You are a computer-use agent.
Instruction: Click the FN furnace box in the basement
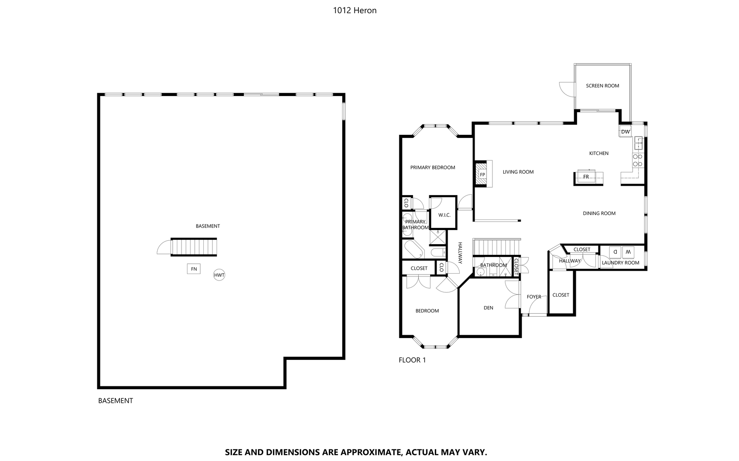(194, 269)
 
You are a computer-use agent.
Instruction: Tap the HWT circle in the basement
(219, 275)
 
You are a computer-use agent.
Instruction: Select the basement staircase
(194, 247)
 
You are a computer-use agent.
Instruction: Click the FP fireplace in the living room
(482, 174)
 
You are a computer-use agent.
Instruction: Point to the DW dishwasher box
(625, 131)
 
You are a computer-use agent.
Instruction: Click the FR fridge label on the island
(586, 177)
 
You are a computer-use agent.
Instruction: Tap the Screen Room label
(602, 86)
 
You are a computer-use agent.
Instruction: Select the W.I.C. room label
(444, 215)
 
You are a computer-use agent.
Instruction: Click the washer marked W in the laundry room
(628, 251)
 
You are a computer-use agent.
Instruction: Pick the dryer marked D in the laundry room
(615, 251)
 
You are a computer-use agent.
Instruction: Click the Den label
(488, 308)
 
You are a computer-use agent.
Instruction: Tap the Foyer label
(534, 297)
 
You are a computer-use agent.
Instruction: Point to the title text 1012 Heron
(355, 11)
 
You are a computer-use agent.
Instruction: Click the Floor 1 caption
(412, 360)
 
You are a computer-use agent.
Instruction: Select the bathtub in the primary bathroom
(413, 250)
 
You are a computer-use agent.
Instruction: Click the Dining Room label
(599, 213)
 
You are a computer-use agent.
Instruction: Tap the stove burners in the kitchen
(638, 160)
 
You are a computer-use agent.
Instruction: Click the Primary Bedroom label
(432, 167)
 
